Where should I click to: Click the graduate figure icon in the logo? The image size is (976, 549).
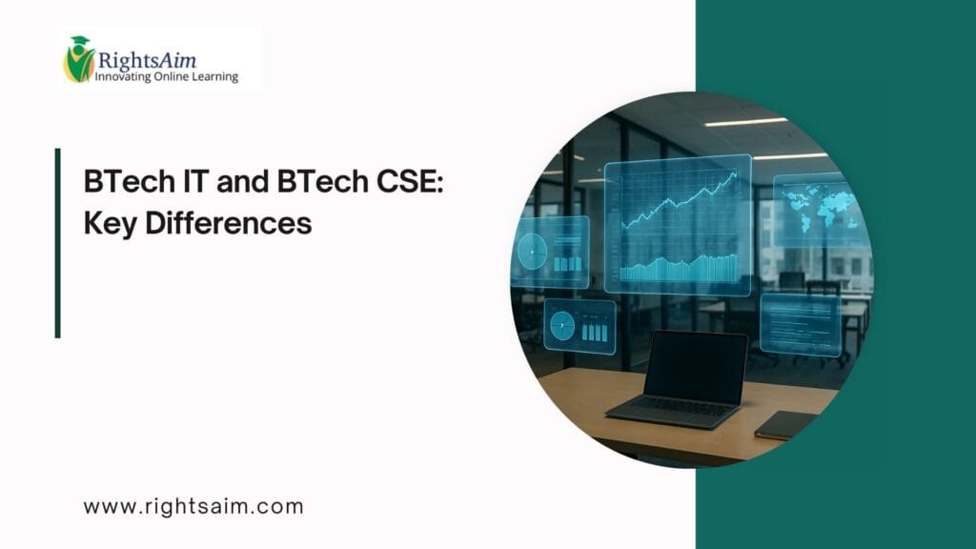[x=78, y=59]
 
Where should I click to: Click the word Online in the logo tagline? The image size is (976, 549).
[x=176, y=76]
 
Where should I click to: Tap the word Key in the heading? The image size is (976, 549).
[x=109, y=225]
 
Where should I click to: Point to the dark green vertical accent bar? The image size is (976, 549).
[x=58, y=243]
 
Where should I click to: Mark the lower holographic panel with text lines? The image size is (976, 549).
[x=801, y=324]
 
